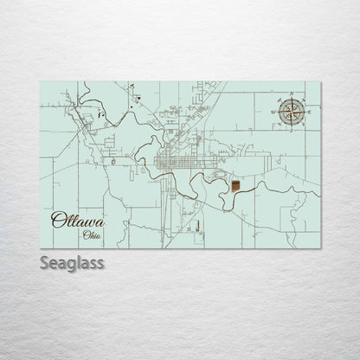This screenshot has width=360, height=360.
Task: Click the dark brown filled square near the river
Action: pos(236,183)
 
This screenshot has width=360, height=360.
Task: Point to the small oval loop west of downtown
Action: pos(114,158)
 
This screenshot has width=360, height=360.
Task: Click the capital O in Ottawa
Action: pos(57,221)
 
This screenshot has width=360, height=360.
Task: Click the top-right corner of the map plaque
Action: pos(322,82)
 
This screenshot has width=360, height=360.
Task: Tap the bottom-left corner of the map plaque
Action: pos(40,247)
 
